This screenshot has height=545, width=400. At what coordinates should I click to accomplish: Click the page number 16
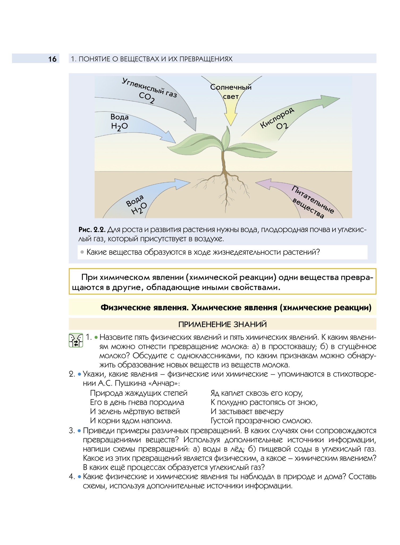[x=52, y=59]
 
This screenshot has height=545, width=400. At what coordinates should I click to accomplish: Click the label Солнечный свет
[x=231, y=92]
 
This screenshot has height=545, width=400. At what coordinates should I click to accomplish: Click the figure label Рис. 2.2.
[x=92, y=229]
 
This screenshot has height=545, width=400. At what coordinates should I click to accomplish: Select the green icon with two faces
[x=76, y=340]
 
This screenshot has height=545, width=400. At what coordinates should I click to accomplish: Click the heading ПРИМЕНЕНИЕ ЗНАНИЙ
[x=222, y=324]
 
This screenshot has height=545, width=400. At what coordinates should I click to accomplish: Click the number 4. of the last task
[x=72, y=477]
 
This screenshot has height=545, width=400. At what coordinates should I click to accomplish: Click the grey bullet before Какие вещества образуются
[x=82, y=252]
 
